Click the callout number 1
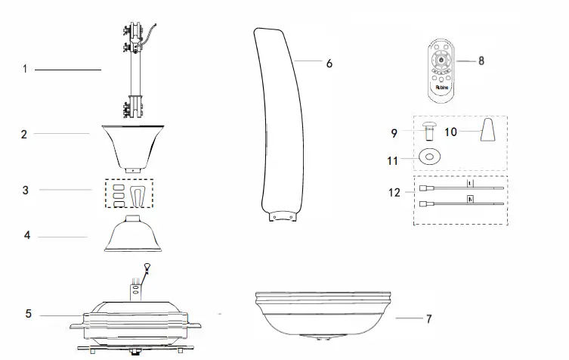[25, 70]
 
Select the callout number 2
[24, 134]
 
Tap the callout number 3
[26, 190]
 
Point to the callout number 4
[27, 236]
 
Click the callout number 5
[29, 314]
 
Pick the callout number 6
[329, 64]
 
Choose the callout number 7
[428, 319]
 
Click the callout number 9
[394, 133]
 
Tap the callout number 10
[450, 132]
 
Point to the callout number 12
[394, 193]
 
